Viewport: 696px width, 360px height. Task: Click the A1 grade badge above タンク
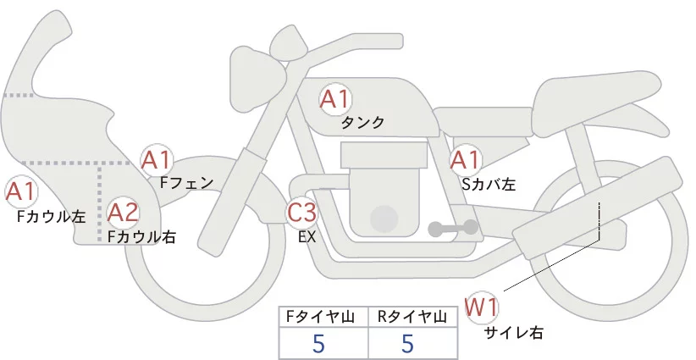(334, 100)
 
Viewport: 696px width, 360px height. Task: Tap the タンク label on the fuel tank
(362, 123)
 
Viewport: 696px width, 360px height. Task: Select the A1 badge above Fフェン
(157, 159)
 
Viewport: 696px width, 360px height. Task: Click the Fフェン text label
(186, 181)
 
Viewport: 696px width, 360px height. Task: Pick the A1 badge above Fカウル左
(20, 192)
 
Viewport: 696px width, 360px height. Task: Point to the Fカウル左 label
(51, 217)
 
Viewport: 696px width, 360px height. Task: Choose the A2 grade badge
(122, 212)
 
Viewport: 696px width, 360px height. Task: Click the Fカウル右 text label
(141, 237)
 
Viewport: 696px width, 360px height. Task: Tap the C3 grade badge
(301, 213)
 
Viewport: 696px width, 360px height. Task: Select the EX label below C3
(307, 237)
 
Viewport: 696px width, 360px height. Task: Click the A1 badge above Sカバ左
(465, 159)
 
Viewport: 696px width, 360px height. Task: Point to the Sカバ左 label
(489, 182)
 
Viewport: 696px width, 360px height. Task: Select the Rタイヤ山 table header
(414, 317)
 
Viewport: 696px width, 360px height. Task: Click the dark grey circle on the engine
(384, 219)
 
